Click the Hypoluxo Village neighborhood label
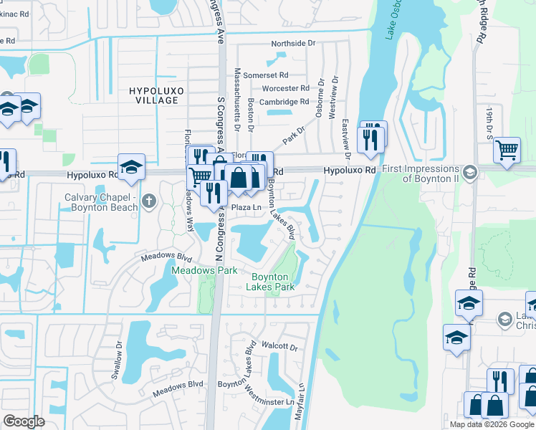click(153, 95)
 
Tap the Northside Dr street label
click(292, 44)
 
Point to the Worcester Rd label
click(285, 88)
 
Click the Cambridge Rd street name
click(284, 102)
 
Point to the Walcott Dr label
click(279, 347)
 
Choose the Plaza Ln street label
click(244, 207)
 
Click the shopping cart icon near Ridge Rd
click(507, 150)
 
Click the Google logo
click(24, 421)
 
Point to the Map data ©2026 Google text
click(491, 424)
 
